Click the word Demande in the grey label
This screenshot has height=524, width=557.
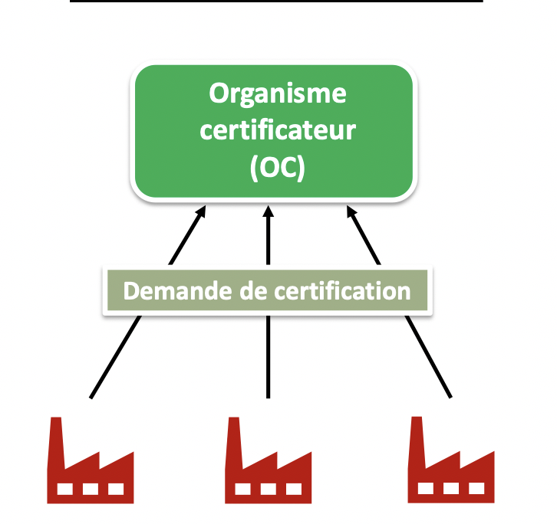[176, 292]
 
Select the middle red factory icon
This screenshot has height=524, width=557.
[269, 467]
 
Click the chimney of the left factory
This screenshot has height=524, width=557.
[55, 440]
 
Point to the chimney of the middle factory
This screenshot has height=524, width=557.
[234, 440]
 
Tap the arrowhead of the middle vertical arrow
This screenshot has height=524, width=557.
[269, 211]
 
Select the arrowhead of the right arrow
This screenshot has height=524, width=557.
[351, 211]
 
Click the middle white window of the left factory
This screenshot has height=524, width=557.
[91, 488]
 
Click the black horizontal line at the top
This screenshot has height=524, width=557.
[276, 2]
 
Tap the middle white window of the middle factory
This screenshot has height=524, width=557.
[269, 488]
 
